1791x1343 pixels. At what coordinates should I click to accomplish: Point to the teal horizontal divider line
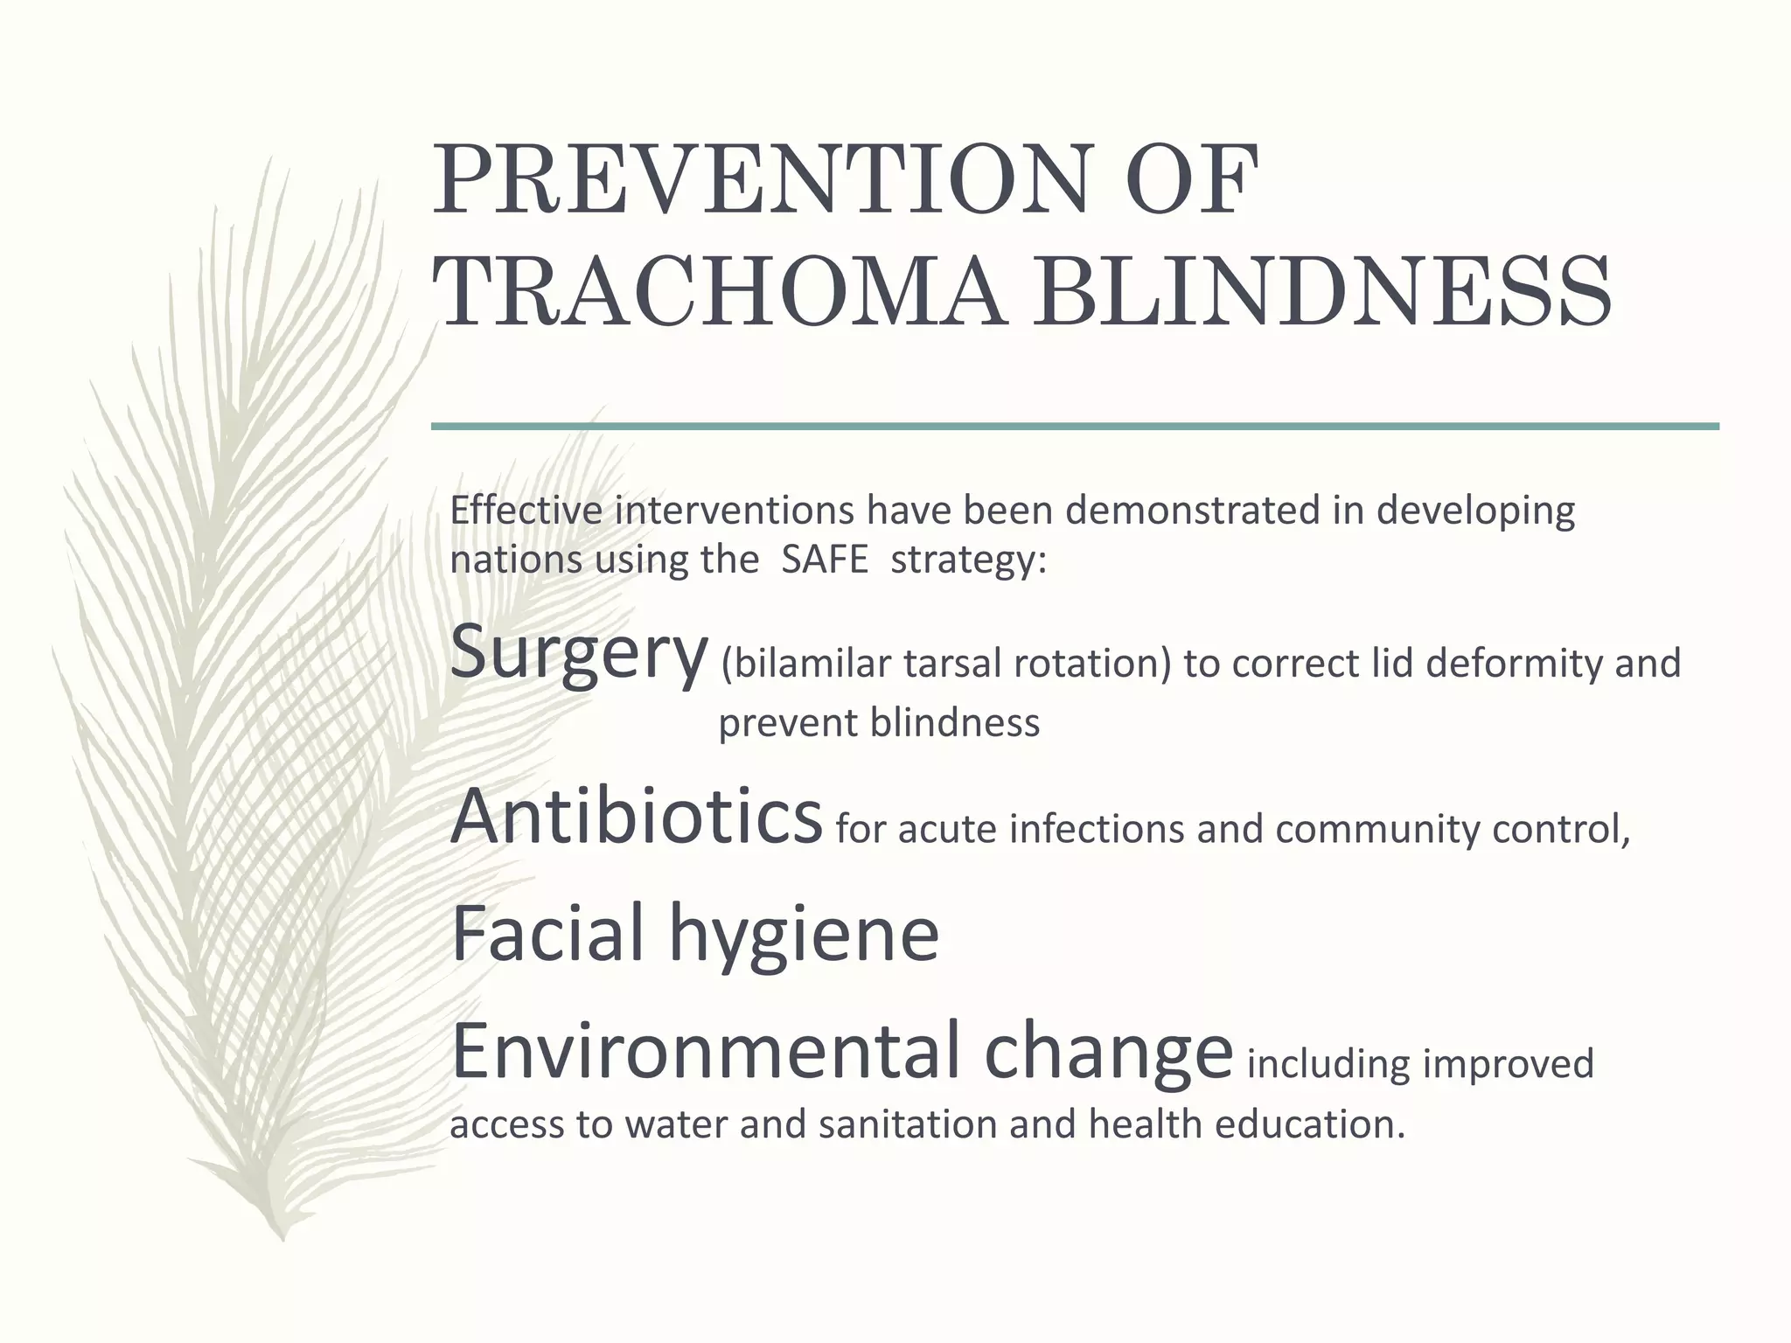pos(1074,427)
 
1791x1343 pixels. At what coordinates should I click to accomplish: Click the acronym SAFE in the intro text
pos(824,560)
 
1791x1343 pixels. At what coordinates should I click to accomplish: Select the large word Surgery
pos(578,653)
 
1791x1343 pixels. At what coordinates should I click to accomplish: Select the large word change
pos(1107,1054)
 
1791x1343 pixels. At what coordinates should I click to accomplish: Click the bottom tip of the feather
pos(282,1235)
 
